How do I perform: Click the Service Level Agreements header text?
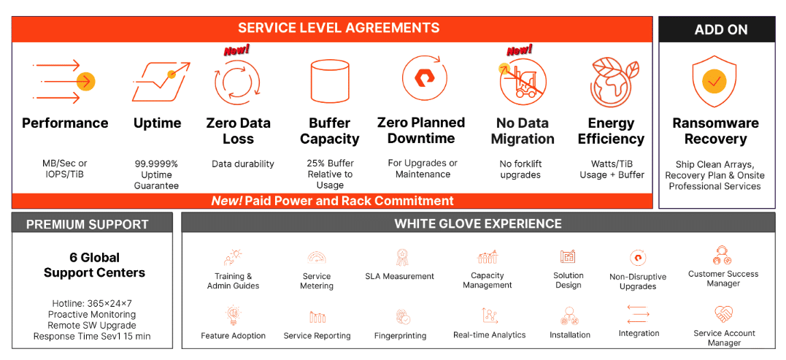click(339, 28)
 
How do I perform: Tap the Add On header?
click(721, 30)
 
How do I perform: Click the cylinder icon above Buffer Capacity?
click(329, 81)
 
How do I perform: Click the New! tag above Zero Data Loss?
click(236, 50)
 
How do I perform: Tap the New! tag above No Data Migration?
click(520, 50)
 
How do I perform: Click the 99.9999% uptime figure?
click(156, 164)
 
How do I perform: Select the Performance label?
click(65, 123)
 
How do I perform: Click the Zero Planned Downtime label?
click(420, 131)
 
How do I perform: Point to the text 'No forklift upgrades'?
click(520, 169)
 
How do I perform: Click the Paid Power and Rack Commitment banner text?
click(332, 201)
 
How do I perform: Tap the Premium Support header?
click(88, 224)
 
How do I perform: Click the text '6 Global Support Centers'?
click(94, 265)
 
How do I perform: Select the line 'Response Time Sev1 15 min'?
click(92, 337)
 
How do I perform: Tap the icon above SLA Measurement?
click(399, 257)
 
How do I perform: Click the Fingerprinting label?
click(400, 335)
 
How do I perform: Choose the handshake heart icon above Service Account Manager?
click(723, 315)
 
